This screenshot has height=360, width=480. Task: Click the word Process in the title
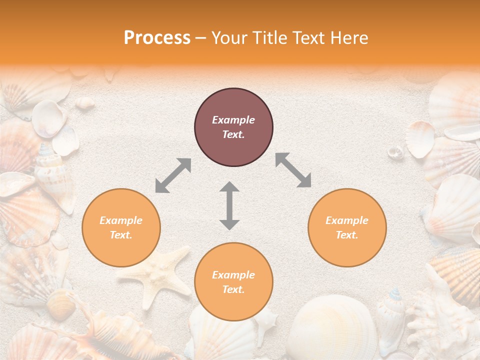point(157,38)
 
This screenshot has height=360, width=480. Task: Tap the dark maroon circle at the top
point(233,127)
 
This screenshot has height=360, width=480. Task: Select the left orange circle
point(121,227)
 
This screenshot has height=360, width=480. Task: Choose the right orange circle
point(347,227)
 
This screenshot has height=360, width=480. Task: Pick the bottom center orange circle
point(233,282)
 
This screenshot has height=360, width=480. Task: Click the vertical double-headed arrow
point(229,205)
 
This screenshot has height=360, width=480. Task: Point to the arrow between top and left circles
point(173,175)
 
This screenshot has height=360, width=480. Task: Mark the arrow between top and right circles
point(293,170)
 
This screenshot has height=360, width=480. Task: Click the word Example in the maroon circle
point(233,120)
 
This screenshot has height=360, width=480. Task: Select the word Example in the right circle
point(347,220)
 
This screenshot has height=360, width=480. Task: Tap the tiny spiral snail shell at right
point(395,151)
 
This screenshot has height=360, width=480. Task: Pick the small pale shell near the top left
point(85,102)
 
